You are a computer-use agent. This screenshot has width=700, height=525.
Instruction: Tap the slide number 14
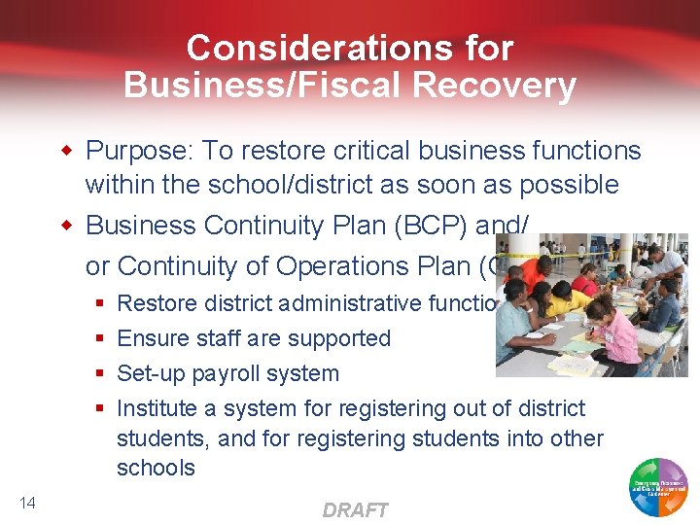(x=27, y=502)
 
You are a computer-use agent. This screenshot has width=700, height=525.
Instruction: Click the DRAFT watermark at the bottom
(x=355, y=509)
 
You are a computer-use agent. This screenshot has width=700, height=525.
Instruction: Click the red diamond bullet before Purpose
(x=67, y=151)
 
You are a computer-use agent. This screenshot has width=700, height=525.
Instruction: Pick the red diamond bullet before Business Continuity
(x=67, y=226)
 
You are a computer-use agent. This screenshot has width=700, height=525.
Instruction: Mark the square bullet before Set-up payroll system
(x=100, y=374)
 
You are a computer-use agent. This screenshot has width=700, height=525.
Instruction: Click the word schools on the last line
(x=156, y=468)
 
